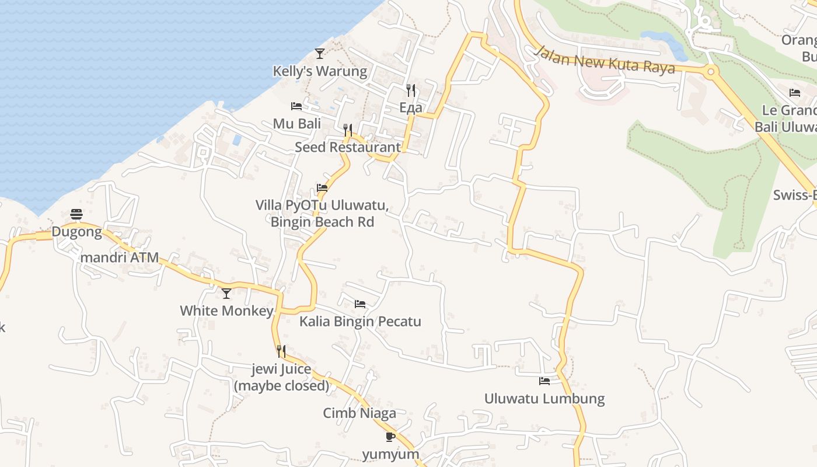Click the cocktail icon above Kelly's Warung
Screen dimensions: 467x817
pyautogui.click(x=319, y=53)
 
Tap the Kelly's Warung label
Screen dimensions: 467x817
pyautogui.click(x=320, y=71)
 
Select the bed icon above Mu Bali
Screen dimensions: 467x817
pyautogui.click(x=296, y=106)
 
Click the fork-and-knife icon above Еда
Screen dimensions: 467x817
pyautogui.click(x=411, y=90)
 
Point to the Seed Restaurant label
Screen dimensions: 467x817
pyautogui.click(x=348, y=147)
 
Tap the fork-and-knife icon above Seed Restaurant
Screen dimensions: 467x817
pyautogui.click(x=348, y=129)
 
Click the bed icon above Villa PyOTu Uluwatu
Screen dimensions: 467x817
pyautogui.click(x=322, y=187)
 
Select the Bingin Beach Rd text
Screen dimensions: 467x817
pyautogui.click(x=322, y=222)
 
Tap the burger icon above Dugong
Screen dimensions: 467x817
pyautogui.click(x=76, y=214)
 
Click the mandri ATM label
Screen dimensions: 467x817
pyautogui.click(x=120, y=257)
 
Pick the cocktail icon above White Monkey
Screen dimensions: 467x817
pyautogui.click(x=226, y=293)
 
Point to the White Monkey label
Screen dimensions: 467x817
pyautogui.click(x=226, y=311)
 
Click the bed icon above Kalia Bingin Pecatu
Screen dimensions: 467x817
pyautogui.click(x=360, y=304)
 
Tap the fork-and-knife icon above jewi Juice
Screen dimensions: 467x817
pyautogui.click(x=281, y=351)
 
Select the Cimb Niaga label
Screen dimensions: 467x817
pyautogui.click(x=359, y=413)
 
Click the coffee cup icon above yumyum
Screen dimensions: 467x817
pyautogui.click(x=390, y=436)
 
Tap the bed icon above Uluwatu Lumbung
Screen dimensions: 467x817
pyautogui.click(x=544, y=381)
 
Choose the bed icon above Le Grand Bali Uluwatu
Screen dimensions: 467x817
pyautogui.click(x=795, y=92)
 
